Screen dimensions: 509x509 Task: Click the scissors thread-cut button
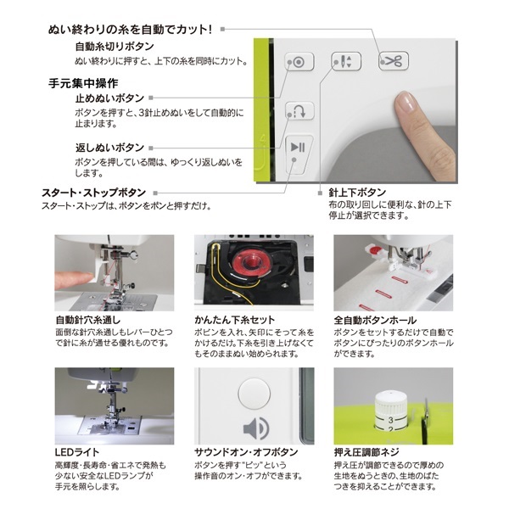[394, 61]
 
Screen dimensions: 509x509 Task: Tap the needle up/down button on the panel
[346, 61]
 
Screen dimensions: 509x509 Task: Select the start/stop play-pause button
[299, 155]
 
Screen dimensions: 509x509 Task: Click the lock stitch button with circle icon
[299, 62]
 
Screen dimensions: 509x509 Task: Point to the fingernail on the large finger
[405, 102]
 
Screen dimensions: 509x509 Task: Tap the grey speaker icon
[256, 428]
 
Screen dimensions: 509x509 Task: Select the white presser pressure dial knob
[390, 411]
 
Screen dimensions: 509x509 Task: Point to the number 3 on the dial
[390, 420]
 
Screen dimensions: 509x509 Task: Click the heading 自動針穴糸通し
[87, 320]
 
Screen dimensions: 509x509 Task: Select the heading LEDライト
[77, 452]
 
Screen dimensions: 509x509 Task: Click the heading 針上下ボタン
[357, 193]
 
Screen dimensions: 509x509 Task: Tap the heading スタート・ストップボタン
[93, 193]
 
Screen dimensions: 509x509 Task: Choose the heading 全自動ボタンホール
[375, 321]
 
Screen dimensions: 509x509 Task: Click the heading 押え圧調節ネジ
[366, 452]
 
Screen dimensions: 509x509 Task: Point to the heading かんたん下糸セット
[234, 320]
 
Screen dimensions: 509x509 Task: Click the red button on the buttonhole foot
[376, 250]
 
